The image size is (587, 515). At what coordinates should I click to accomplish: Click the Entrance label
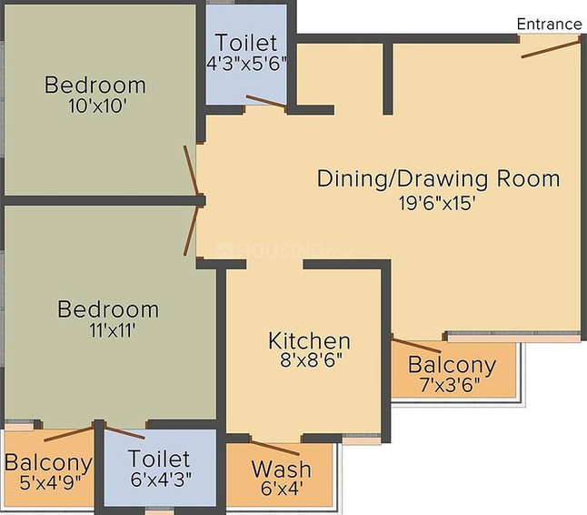[549, 25]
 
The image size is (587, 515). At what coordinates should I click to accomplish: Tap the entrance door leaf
[551, 49]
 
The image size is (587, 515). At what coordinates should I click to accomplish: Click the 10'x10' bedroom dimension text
[95, 106]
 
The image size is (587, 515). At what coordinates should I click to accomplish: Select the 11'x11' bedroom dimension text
[113, 330]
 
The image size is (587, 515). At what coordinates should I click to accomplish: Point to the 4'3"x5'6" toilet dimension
[247, 64]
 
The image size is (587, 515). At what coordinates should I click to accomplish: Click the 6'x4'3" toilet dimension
[161, 479]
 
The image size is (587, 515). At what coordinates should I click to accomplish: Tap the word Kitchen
[309, 341]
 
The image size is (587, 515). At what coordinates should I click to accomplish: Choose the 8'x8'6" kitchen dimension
[312, 361]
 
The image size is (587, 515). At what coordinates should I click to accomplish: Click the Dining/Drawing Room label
[438, 179]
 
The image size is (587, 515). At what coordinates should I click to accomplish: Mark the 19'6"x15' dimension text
[437, 204]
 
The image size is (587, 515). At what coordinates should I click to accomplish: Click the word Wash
[281, 470]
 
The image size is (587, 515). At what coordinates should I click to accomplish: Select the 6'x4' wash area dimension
[282, 489]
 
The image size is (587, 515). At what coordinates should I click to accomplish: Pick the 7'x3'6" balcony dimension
[450, 385]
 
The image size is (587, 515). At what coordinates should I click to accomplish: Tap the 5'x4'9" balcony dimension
[50, 482]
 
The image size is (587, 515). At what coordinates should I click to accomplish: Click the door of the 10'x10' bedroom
[191, 170]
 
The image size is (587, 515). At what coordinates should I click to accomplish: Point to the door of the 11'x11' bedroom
[191, 230]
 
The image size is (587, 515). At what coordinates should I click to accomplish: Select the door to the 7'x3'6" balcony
[416, 345]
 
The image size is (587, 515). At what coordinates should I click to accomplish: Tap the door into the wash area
[275, 449]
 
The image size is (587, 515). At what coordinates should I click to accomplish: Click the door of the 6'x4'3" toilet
[124, 432]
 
